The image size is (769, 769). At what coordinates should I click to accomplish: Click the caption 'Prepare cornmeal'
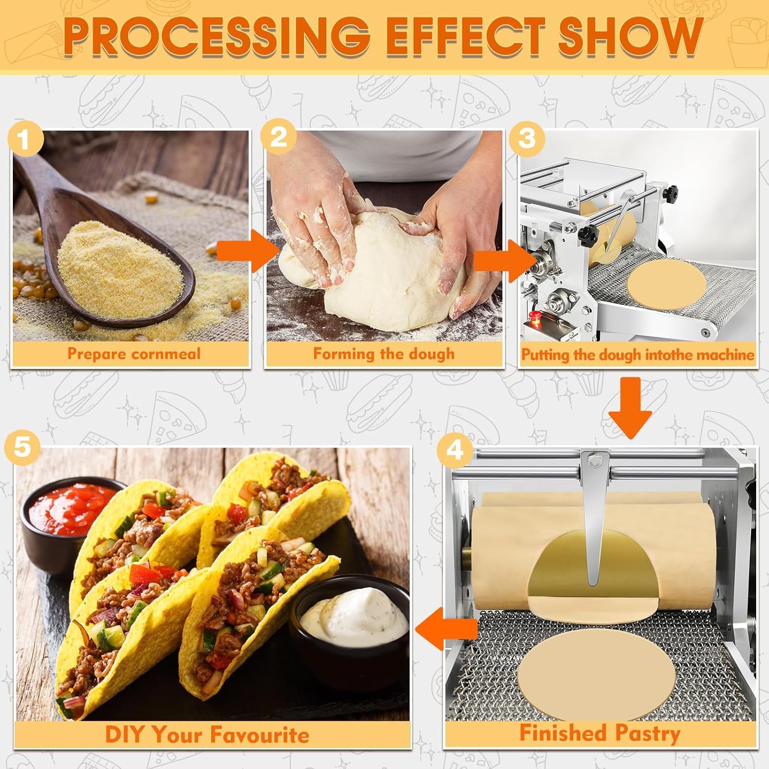134,354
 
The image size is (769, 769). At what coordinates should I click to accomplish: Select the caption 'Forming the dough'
383,354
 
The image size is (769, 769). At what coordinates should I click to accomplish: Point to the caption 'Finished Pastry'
600,733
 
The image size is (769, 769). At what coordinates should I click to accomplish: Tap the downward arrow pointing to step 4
631,408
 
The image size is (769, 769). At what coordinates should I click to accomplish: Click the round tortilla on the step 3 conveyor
665,285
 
